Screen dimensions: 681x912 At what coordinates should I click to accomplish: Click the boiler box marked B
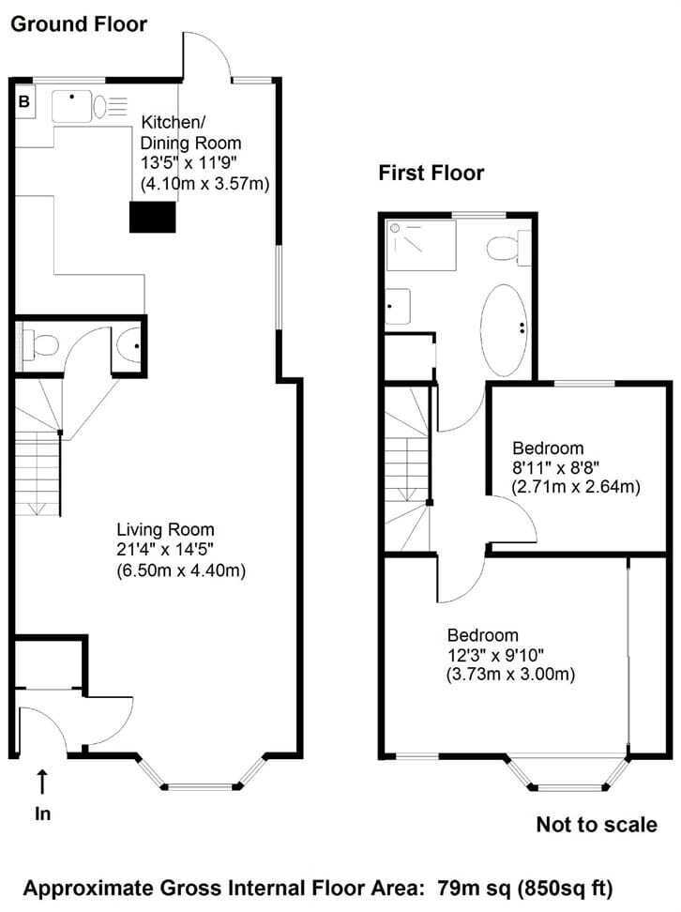pyautogui.click(x=23, y=101)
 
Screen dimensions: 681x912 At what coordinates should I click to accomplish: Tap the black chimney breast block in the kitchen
pyautogui.click(x=152, y=217)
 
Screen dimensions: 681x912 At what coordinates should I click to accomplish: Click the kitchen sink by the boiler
pyautogui.click(x=71, y=106)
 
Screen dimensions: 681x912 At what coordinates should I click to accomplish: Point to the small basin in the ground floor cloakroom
pyautogui.click(x=129, y=345)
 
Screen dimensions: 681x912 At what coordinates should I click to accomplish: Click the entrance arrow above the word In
pyautogui.click(x=42, y=782)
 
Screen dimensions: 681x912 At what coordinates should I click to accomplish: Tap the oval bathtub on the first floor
pyautogui.click(x=505, y=329)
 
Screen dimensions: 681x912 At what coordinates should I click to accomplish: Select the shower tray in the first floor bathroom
pyautogui.click(x=421, y=245)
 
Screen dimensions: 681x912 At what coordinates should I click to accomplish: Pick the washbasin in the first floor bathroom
pyautogui.click(x=398, y=307)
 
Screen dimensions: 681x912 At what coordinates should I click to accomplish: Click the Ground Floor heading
pyautogui.click(x=79, y=24)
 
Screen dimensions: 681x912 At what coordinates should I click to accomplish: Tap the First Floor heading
pyautogui.click(x=431, y=173)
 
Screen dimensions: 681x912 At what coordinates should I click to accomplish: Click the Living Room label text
pyautogui.click(x=166, y=529)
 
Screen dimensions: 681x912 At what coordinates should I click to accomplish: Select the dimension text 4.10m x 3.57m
pyautogui.click(x=205, y=184)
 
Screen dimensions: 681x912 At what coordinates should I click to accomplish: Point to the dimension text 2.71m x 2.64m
pyautogui.click(x=576, y=486)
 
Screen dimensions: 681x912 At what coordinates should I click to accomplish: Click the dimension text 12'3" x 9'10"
pyautogui.click(x=495, y=655)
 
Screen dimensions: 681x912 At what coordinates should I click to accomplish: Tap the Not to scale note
pyautogui.click(x=597, y=824)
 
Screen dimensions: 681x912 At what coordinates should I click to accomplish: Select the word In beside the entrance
pyautogui.click(x=42, y=813)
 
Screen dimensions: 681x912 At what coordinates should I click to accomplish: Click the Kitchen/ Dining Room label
pyautogui.click(x=190, y=132)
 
